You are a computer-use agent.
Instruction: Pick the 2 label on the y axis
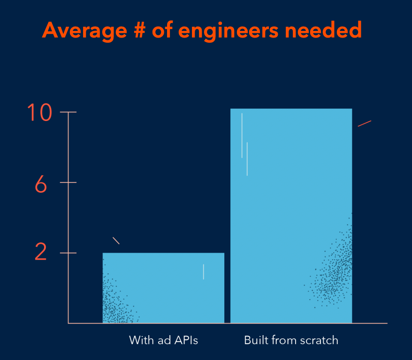point(41,253)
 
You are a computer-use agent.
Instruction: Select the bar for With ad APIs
point(163,288)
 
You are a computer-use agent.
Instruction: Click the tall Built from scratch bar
point(291,216)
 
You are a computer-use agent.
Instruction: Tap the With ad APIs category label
point(163,340)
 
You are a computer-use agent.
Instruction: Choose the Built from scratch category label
point(291,340)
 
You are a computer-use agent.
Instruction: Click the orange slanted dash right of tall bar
point(365,124)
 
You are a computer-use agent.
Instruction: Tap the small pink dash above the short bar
point(116,240)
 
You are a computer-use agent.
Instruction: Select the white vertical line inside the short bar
point(203,271)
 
